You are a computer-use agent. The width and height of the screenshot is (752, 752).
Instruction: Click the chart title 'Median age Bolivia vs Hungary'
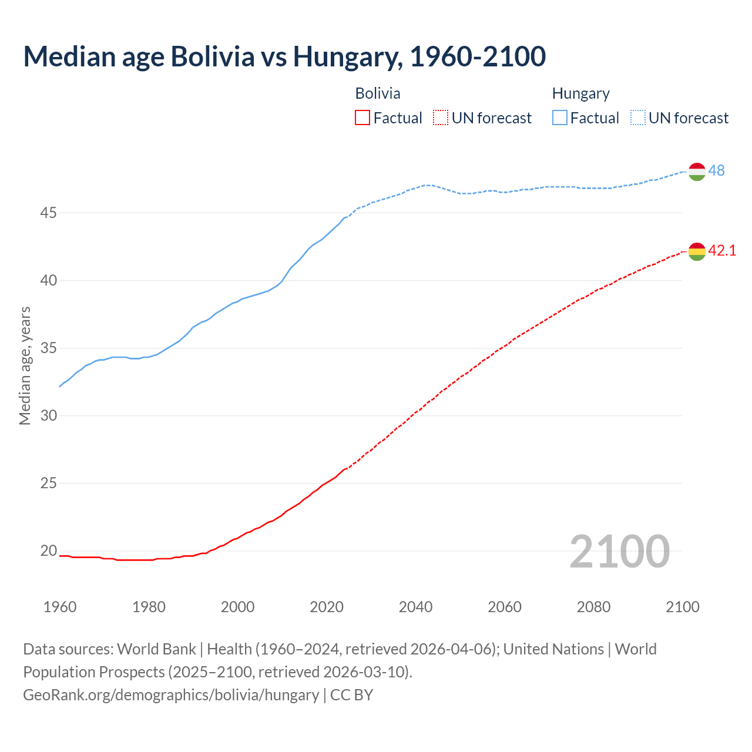pos(284,56)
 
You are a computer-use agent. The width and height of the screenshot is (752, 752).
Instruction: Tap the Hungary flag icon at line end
pos(697,172)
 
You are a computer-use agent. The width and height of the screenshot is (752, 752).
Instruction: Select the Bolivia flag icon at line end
pos(697,251)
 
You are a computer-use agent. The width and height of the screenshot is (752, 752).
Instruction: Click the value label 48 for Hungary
pos(716,170)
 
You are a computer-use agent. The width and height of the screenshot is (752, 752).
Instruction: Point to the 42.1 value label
pos(722,250)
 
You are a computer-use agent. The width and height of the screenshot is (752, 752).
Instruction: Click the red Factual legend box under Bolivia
pos(362,118)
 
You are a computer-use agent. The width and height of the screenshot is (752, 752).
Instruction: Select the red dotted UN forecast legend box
pos(441,118)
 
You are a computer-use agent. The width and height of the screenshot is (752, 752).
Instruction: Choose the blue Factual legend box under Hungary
pos(560,118)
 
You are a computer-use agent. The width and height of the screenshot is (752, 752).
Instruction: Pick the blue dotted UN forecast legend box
pos(638,118)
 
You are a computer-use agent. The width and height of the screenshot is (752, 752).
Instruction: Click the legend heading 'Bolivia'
pos(378,93)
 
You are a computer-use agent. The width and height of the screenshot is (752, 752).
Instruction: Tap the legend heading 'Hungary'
pos(580,93)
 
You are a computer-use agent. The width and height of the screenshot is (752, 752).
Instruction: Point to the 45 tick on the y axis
pos(48,213)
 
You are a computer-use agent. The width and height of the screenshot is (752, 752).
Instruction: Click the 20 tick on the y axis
pos(48,551)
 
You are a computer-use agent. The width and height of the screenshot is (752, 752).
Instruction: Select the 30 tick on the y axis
pos(48,416)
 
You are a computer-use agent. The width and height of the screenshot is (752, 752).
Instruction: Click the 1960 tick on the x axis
pos(60,607)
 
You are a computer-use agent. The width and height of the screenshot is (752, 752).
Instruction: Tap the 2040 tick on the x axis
pos(415,607)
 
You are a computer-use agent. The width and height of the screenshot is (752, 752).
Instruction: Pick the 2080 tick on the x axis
pos(593,607)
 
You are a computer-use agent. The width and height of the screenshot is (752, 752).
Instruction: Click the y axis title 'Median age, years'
pos(25,365)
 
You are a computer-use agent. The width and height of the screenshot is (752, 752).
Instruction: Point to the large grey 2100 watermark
pos(619,551)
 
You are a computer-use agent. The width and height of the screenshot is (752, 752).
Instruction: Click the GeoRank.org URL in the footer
pos(171,695)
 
